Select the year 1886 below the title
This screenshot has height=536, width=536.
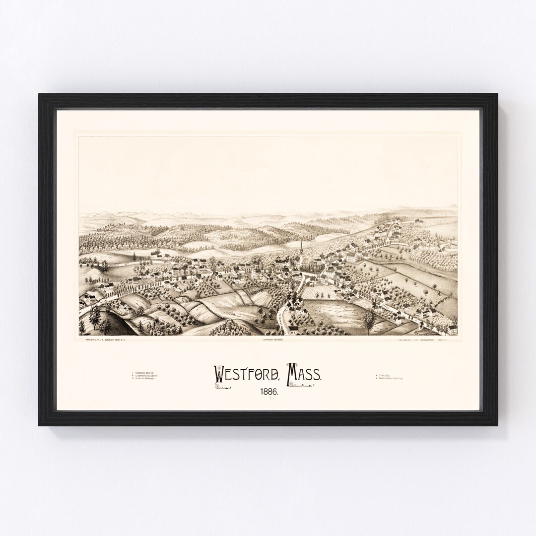(x=268, y=392)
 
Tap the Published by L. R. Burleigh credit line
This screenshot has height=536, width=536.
(x=107, y=340)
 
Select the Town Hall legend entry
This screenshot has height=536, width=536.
(x=384, y=375)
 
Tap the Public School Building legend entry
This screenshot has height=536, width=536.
(x=390, y=379)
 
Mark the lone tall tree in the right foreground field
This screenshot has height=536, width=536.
(x=369, y=320)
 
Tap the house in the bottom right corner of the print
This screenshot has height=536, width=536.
(x=452, y=330)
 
